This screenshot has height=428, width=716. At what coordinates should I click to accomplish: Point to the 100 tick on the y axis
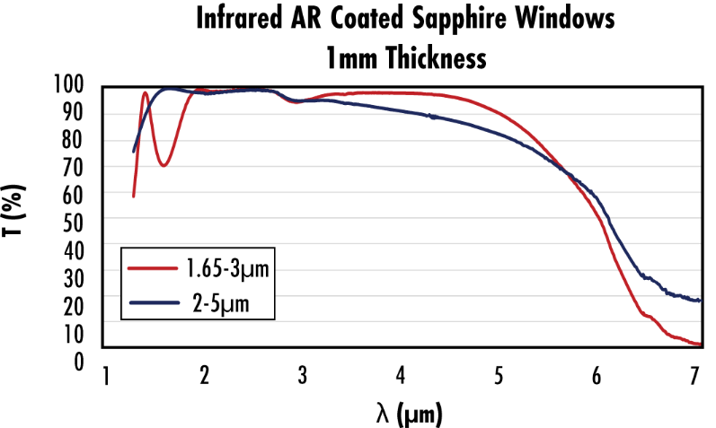pyautogui.click(x=67, y=86)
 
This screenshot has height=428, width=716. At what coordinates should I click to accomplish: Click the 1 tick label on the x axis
pyautogui.click(x=106, y=375)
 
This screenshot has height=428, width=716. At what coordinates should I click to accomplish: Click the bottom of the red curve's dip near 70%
pyautogui.click(x=163, y=165)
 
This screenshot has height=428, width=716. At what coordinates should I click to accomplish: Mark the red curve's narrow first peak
pyautogui.click(x=145, y=92)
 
